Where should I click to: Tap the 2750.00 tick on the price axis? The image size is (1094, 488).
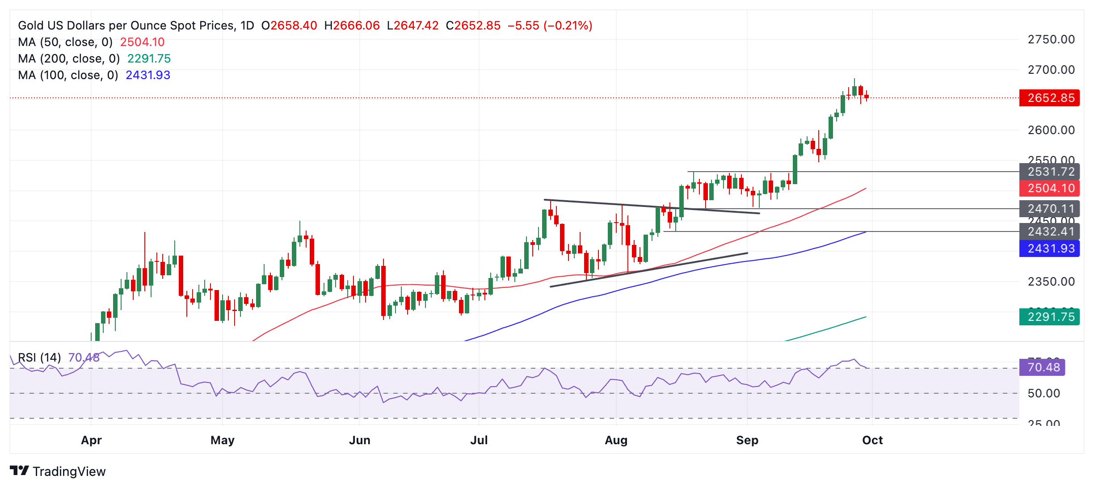point(1051,39)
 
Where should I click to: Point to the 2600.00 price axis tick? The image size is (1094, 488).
point(1051,130)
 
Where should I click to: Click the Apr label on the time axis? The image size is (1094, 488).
point(91,440)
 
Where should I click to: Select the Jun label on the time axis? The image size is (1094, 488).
point(359,440)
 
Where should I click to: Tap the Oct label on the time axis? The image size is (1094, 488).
point(872,440)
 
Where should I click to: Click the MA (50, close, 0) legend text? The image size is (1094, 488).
point(65,42)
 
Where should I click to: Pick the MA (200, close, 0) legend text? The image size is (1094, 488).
point(69,59)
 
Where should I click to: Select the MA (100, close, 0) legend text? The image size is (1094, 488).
point(68,75)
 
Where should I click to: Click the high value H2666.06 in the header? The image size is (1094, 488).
point(352,25)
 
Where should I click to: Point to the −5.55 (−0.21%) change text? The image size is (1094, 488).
point(550,25)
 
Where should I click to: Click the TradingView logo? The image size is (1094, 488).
point(58,471)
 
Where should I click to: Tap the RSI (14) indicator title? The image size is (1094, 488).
point(39,358)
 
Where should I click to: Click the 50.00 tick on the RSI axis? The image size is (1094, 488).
point(1044,393)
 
